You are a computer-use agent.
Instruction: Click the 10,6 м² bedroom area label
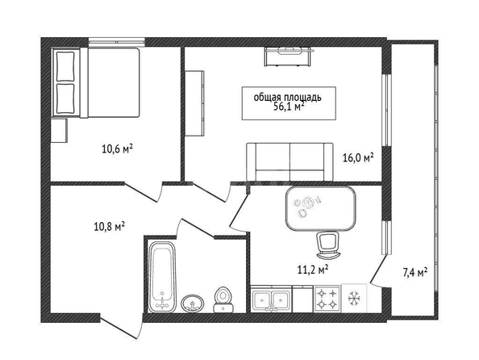point(117,149)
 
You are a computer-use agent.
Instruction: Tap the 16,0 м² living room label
point(358,158)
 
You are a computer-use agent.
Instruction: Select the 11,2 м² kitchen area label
point(313,270)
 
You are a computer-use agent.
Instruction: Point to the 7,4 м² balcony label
point(415,272)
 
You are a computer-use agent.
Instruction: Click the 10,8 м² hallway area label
point(110,227)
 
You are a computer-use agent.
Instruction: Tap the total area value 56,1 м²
point(289,107)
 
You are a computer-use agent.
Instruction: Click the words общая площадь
point(288,98)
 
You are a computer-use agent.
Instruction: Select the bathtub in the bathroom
point(162,276)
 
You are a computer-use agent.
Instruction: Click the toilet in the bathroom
point(224,299)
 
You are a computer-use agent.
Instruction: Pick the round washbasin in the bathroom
point(193,303)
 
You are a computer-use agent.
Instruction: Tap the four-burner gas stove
point(327,299)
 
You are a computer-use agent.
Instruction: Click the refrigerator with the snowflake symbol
point(354,298)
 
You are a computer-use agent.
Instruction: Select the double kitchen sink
point(272,299)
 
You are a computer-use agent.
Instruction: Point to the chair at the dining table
point(327,245)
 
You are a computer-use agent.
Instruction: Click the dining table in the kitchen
point(320,208)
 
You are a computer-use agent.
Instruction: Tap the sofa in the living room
point(289,161)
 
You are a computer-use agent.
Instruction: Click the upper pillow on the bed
point(65,65)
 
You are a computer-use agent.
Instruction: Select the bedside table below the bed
point(59,131)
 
